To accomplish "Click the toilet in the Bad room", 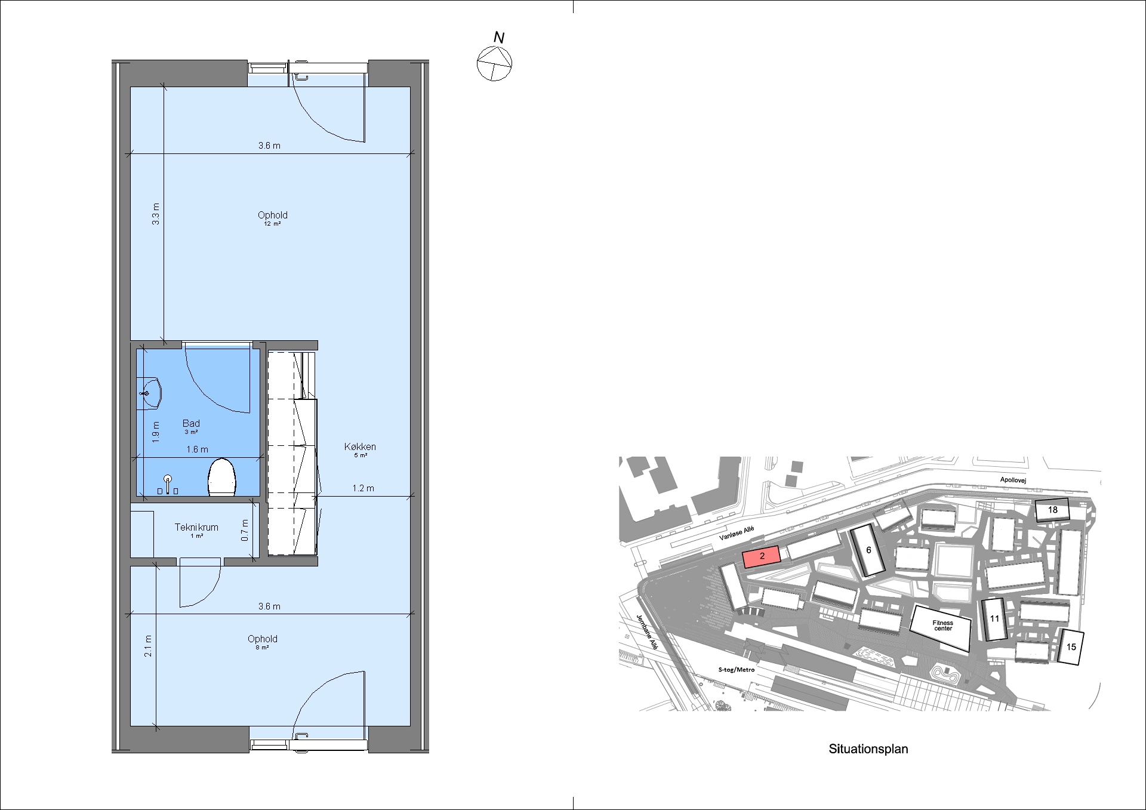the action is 222,478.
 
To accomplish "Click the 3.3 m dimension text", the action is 156,214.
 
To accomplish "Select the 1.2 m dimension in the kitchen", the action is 363,488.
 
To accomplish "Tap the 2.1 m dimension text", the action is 148,646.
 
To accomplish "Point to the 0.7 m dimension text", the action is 245,531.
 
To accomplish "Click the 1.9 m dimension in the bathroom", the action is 156,432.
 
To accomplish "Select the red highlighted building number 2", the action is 762,557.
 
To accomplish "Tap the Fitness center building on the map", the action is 941,627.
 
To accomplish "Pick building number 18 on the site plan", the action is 1052,510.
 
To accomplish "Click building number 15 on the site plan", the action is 1071,647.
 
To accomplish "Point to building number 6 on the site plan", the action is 868,550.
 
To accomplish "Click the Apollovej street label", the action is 1013,480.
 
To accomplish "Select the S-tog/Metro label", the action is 737,670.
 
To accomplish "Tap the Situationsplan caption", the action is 868,749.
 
